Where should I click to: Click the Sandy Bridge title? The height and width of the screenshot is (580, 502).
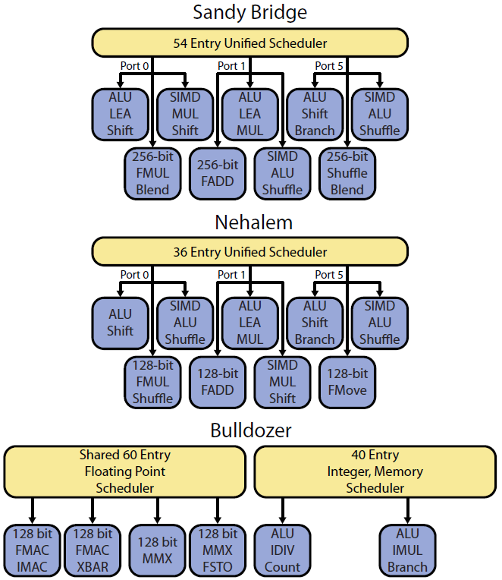pyautogui.click(x=250, y=12)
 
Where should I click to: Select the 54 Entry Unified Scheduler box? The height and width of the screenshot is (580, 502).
pyautogui.click(x=250, y=43)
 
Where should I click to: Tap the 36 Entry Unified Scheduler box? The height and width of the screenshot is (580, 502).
pyautogui.click(x=250, y=251)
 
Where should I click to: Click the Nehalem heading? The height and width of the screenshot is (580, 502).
pyautogui.click(x=250, y=222)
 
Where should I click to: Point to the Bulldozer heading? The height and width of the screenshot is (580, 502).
pyautogui.click(x=250, y=430)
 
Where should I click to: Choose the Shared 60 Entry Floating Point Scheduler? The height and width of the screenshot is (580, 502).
pyautogui.click(x=125, y=471)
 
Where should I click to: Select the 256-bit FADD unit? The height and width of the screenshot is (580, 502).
pyautogui.click(x=218, y=173)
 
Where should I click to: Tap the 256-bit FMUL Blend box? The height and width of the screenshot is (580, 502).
pyautogui.click(x=153, y=173)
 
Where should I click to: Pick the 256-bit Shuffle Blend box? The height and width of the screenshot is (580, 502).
pyautogui.click(x=347, y=173)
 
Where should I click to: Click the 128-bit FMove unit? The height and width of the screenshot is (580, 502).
pyautogui.click(x=347, y=382)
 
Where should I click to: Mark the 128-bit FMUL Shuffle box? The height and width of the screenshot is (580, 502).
pyautogui.click(x=153, y=382)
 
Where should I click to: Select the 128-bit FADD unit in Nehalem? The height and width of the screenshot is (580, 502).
pyautogui.click(x=218, y=382)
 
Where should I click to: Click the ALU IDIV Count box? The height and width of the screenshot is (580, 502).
pyautogui.click(x=283, y=550)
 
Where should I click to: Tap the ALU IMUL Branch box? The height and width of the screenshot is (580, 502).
pyautogui.click(x=408, y=550)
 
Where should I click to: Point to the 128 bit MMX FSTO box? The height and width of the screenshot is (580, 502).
pyautogui.click(x=218, y=550)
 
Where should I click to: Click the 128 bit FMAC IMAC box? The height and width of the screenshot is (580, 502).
pyautogui.click(x=32, y=550)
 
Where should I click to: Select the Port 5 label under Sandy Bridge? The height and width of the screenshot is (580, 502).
pyautogui.click(x=329, y=66)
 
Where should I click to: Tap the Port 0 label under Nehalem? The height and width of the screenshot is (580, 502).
pyautogui.click(x=134, y=274)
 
